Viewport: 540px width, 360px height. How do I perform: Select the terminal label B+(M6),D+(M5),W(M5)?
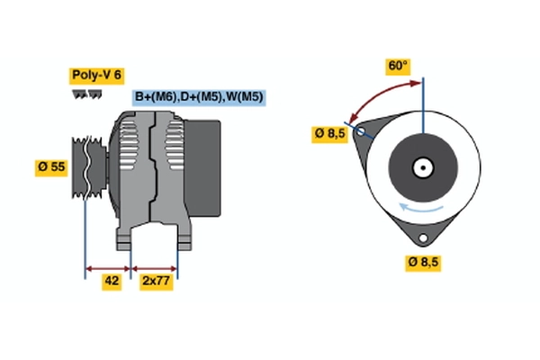[199, 97]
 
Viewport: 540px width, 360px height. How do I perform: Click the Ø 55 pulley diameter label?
[51, 168]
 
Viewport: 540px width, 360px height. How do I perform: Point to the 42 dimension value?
[112, 281]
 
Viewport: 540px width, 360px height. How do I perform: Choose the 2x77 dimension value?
[155, 281]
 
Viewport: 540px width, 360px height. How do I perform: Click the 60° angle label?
[398, 66]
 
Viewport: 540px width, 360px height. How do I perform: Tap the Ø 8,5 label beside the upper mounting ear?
[328, 133]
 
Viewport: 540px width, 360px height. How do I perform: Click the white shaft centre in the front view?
[422, 167]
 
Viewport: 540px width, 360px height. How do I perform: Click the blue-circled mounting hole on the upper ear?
[362, 132]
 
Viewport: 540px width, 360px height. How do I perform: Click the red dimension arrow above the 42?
[108, 267]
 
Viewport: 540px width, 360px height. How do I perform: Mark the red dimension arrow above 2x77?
[155, 267]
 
